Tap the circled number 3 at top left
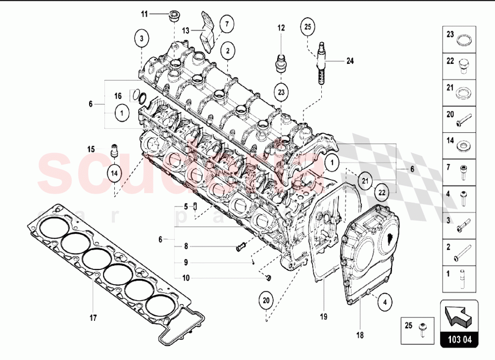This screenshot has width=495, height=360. point(142,38)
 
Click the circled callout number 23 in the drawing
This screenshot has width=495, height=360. point(281,92)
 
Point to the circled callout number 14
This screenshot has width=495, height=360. point(115,173)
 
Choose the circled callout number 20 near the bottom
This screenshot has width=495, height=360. point(266,301)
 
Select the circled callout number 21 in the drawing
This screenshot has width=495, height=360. point(364,180)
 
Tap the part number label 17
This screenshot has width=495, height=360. point(93,317)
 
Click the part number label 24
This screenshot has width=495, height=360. point(350,61)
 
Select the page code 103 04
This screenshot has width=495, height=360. point(458,341)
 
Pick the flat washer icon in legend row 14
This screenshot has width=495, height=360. point(464,147)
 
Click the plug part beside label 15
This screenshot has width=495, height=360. point(115,150)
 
